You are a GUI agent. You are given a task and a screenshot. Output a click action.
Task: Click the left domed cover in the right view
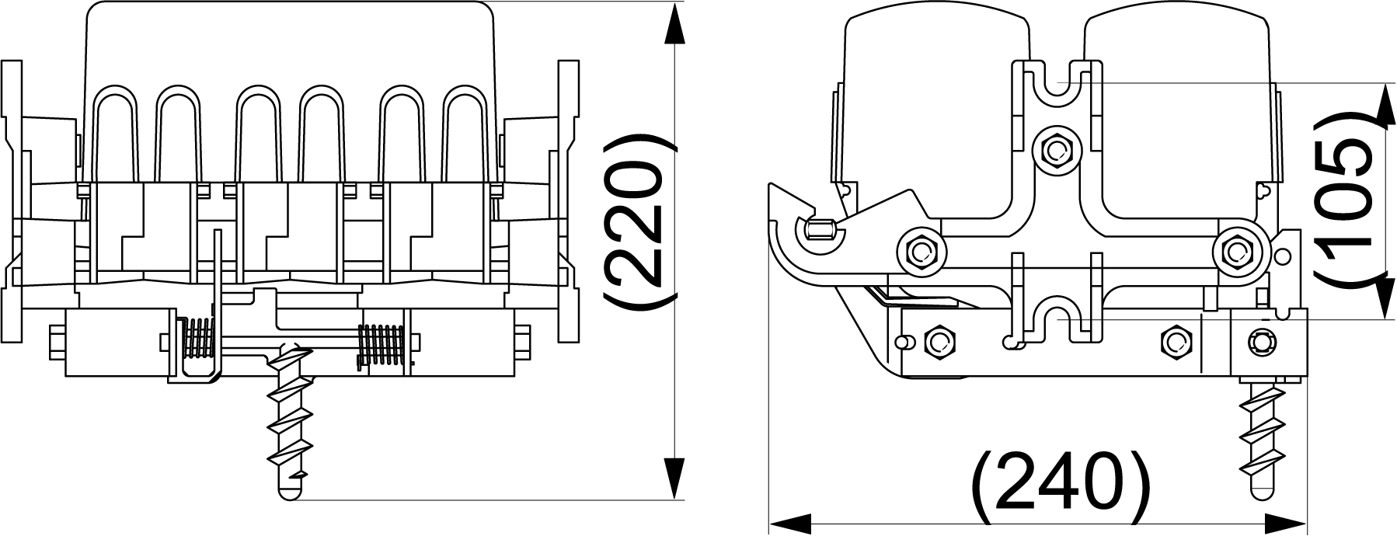pos(932,117)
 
